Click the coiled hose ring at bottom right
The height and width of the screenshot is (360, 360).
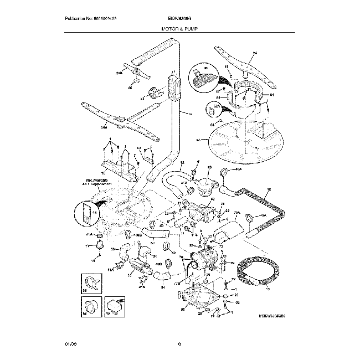[x=255, y=275]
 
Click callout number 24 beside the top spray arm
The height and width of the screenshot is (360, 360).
[x=255, y=53]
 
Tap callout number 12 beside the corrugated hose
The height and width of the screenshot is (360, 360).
[x=269, y=190]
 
